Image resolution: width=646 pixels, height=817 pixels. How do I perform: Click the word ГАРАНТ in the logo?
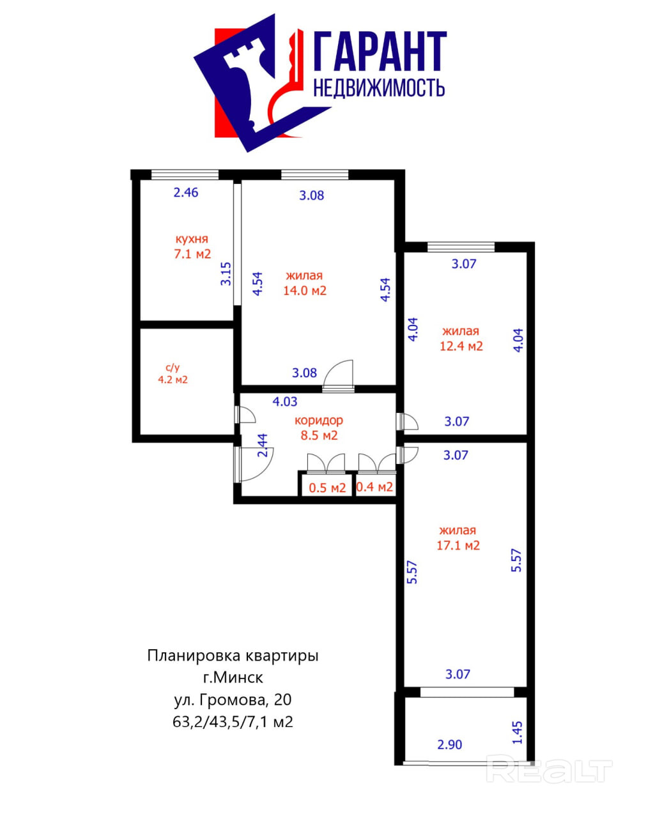380,52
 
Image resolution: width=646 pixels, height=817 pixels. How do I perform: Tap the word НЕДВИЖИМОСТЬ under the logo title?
379,88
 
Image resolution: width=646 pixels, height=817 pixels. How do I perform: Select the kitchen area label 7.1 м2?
192,253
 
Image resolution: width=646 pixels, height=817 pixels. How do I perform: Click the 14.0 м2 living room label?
305,290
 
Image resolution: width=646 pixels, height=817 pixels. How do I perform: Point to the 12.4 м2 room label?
461,346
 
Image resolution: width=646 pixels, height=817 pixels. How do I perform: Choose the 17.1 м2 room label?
458,545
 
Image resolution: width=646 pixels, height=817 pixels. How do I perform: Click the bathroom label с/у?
173,368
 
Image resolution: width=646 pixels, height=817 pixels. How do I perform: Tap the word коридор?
318,420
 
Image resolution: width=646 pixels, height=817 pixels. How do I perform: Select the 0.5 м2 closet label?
327,488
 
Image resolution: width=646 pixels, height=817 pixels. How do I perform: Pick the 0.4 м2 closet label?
374,487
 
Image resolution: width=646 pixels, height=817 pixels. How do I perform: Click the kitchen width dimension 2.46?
186,192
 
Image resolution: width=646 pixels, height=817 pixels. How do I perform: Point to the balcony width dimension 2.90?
449,744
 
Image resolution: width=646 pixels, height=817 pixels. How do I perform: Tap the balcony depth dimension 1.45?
518,732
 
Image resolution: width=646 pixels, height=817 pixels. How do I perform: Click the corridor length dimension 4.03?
285,401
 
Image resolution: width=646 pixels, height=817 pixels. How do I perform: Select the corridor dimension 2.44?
262,446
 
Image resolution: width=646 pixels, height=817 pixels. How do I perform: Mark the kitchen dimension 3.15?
226,273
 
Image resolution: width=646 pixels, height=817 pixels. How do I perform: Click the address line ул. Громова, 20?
233,700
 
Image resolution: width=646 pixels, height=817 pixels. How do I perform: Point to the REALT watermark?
549,770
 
